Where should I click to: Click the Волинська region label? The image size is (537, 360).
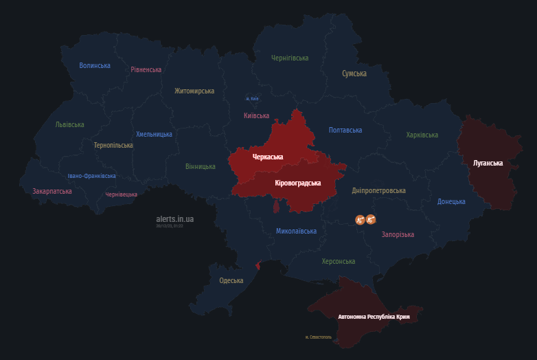[x=95, y=66]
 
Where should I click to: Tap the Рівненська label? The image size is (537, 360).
[x=146, y=69]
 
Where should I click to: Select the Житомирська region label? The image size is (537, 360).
[x=194, y=91]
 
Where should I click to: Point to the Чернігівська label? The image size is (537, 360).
[x=290, y=58]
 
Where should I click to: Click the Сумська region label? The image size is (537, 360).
[x=354, y=74]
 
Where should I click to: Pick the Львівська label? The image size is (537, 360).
[x=70, y=124]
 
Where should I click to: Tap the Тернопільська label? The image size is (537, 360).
[x=113, y=145]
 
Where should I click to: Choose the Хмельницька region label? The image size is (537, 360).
[x=154, y=134]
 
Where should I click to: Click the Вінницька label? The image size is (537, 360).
[x=201, y=166]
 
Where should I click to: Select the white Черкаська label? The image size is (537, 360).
[x=268, y=157]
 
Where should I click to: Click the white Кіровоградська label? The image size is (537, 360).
[x=298, y=183]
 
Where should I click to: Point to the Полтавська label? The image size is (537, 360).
[x=345, y=130]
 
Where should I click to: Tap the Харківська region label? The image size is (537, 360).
[x=422, y=135]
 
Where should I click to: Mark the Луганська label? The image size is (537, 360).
[x=488, y=164]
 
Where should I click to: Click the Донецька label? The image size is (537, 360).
[x=451, y=201]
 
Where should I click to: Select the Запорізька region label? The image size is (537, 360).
[x=398, y=234]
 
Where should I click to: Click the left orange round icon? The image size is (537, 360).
[x=359, y=220]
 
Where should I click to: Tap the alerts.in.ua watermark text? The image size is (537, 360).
[x=175, y=218]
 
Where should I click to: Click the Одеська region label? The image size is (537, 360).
[x=231, y=280]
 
